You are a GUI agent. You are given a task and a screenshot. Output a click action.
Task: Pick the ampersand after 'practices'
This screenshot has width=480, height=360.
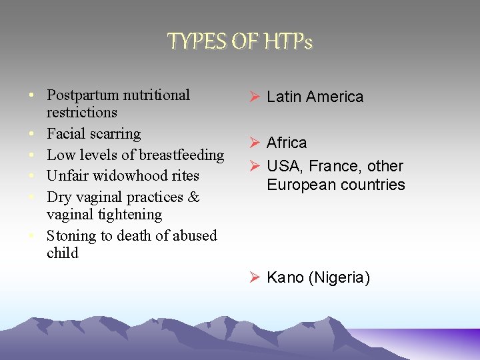point(193,197)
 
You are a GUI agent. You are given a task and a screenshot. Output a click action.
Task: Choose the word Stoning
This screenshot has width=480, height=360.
point(70,236)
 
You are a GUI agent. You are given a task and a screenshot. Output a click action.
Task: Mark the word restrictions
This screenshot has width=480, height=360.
point(82,113)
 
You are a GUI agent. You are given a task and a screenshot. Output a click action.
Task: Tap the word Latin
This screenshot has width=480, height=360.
point(284,97)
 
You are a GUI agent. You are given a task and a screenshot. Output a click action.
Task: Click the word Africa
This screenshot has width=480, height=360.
point(287,143)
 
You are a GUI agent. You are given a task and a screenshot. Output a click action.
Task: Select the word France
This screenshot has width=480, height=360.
point(341,167)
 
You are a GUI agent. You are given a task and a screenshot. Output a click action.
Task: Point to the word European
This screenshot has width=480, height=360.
point(299,185)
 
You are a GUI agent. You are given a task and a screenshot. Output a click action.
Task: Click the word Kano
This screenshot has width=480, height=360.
point(285,278)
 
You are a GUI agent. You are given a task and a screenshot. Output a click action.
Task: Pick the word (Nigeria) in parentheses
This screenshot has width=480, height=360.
point(339,278)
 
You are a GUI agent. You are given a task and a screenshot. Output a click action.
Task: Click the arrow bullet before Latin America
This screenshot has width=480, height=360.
point(254,97)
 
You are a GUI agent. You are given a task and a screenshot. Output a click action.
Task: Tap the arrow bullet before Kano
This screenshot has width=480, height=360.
point(254,277)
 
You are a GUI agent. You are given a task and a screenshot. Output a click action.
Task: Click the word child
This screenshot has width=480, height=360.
point(63,253)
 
